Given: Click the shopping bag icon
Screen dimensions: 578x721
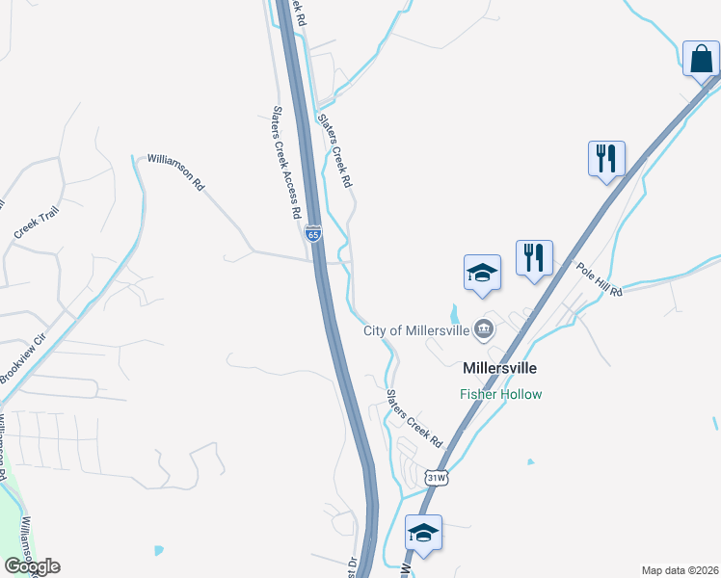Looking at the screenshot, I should tap(701, 59).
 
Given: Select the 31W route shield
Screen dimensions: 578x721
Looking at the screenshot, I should tap(437, 477).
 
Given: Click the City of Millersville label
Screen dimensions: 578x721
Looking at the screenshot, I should tap(415, 330).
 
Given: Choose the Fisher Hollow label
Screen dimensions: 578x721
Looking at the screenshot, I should tap(500, 394).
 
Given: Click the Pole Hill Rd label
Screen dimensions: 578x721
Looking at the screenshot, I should tap(600, 278).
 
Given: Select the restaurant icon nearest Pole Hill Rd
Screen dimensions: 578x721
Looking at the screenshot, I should tap(534, 258).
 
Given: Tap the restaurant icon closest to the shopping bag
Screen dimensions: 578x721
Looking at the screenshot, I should tap(606, 158).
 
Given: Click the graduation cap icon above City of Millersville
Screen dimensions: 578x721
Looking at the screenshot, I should tap(482, 273).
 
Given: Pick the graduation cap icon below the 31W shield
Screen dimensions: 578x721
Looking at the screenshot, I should tap(423, 533).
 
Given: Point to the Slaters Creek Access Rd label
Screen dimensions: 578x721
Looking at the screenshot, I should tap(287, 163).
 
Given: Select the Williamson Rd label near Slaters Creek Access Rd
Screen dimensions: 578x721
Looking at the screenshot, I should tap(175, 171).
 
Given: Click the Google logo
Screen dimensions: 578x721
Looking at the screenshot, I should tap(32, 565).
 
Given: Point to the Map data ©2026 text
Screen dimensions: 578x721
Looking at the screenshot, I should tap(679, 569).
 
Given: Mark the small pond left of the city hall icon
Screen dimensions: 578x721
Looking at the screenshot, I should tap(454, 314).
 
